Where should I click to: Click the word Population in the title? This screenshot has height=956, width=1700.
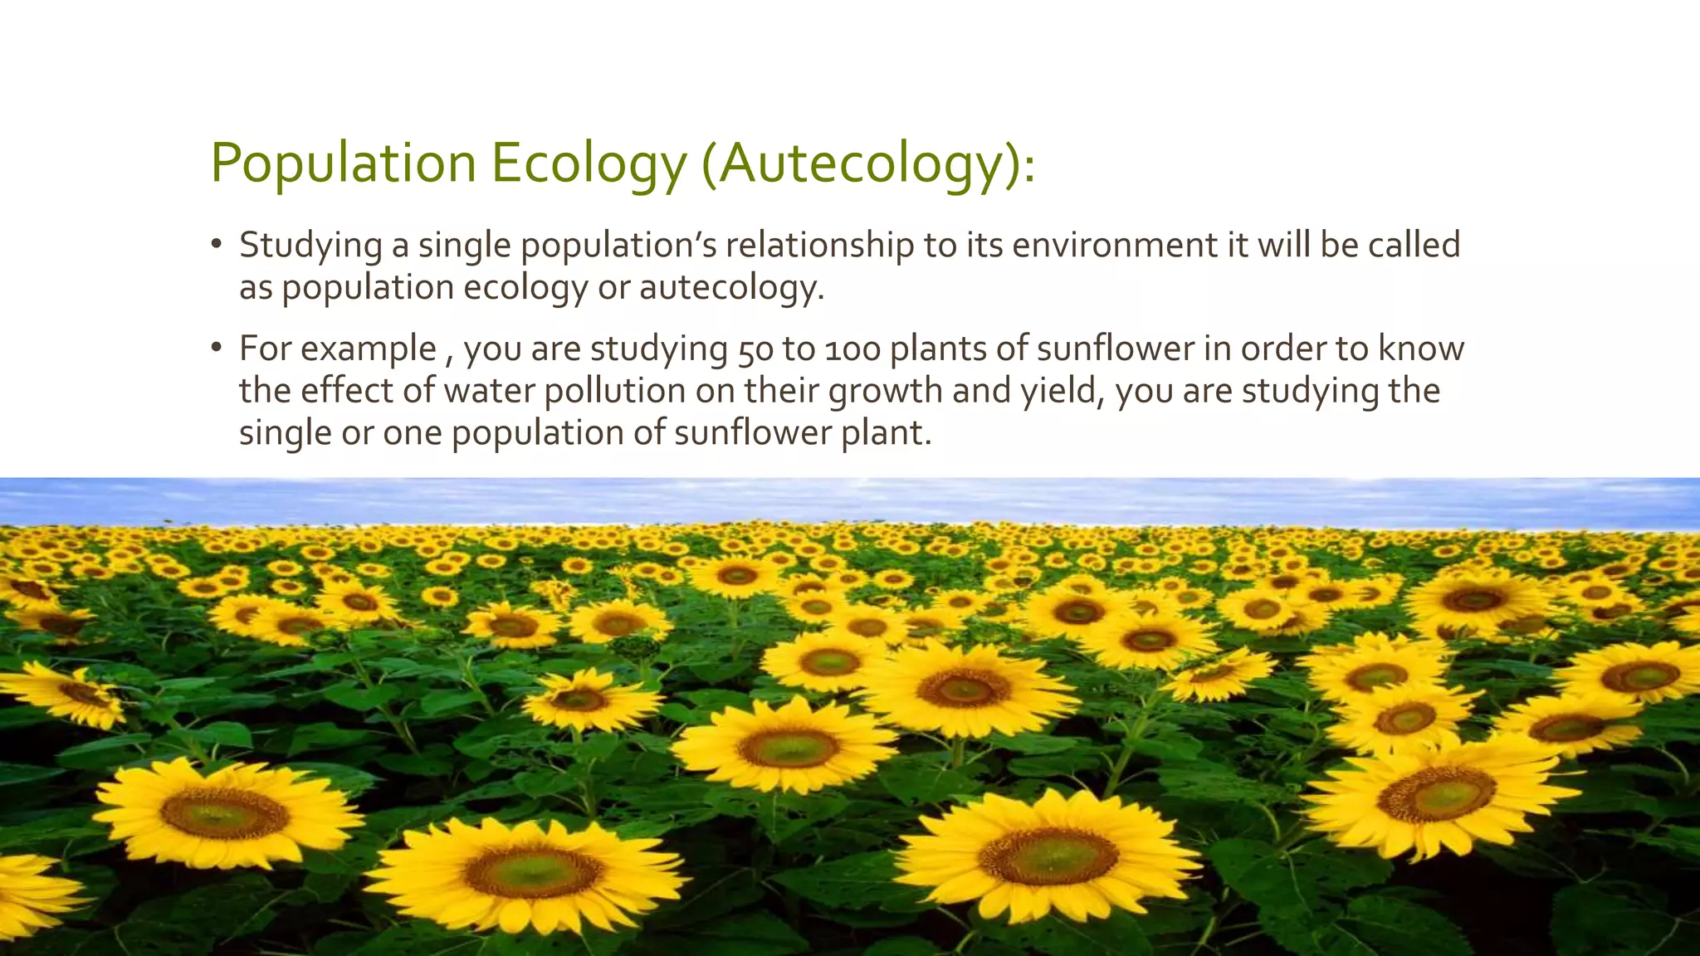coord(343,163)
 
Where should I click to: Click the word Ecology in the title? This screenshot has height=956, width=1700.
coord(589,163)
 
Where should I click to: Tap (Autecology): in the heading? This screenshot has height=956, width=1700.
coord(869,163)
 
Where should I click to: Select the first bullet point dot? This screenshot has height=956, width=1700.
coord(217,244)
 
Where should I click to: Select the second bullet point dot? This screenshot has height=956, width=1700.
coord(217,348)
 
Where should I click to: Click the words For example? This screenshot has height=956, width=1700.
coord(338,349)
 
